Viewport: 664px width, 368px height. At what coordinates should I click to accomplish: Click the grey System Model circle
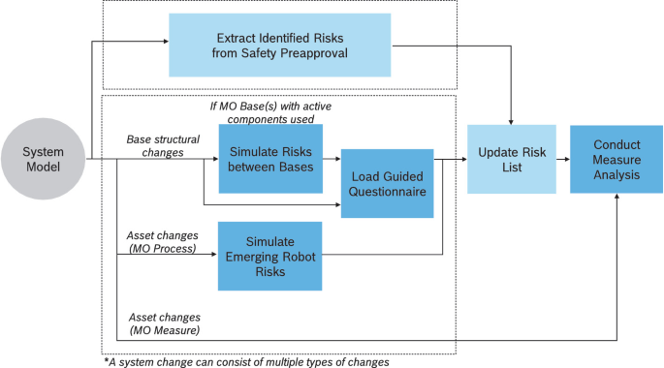tap(44, 160)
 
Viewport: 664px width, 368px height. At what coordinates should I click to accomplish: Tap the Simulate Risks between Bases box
tap(269, 159)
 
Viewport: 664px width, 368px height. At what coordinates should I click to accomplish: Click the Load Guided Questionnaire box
tap(387, 185)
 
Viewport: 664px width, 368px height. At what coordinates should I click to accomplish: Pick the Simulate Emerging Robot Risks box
tap(269, 256)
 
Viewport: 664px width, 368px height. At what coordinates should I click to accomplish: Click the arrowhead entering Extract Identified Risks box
tap(165, 43)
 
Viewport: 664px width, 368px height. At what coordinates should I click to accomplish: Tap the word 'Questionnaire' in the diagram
tap(387, 193)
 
